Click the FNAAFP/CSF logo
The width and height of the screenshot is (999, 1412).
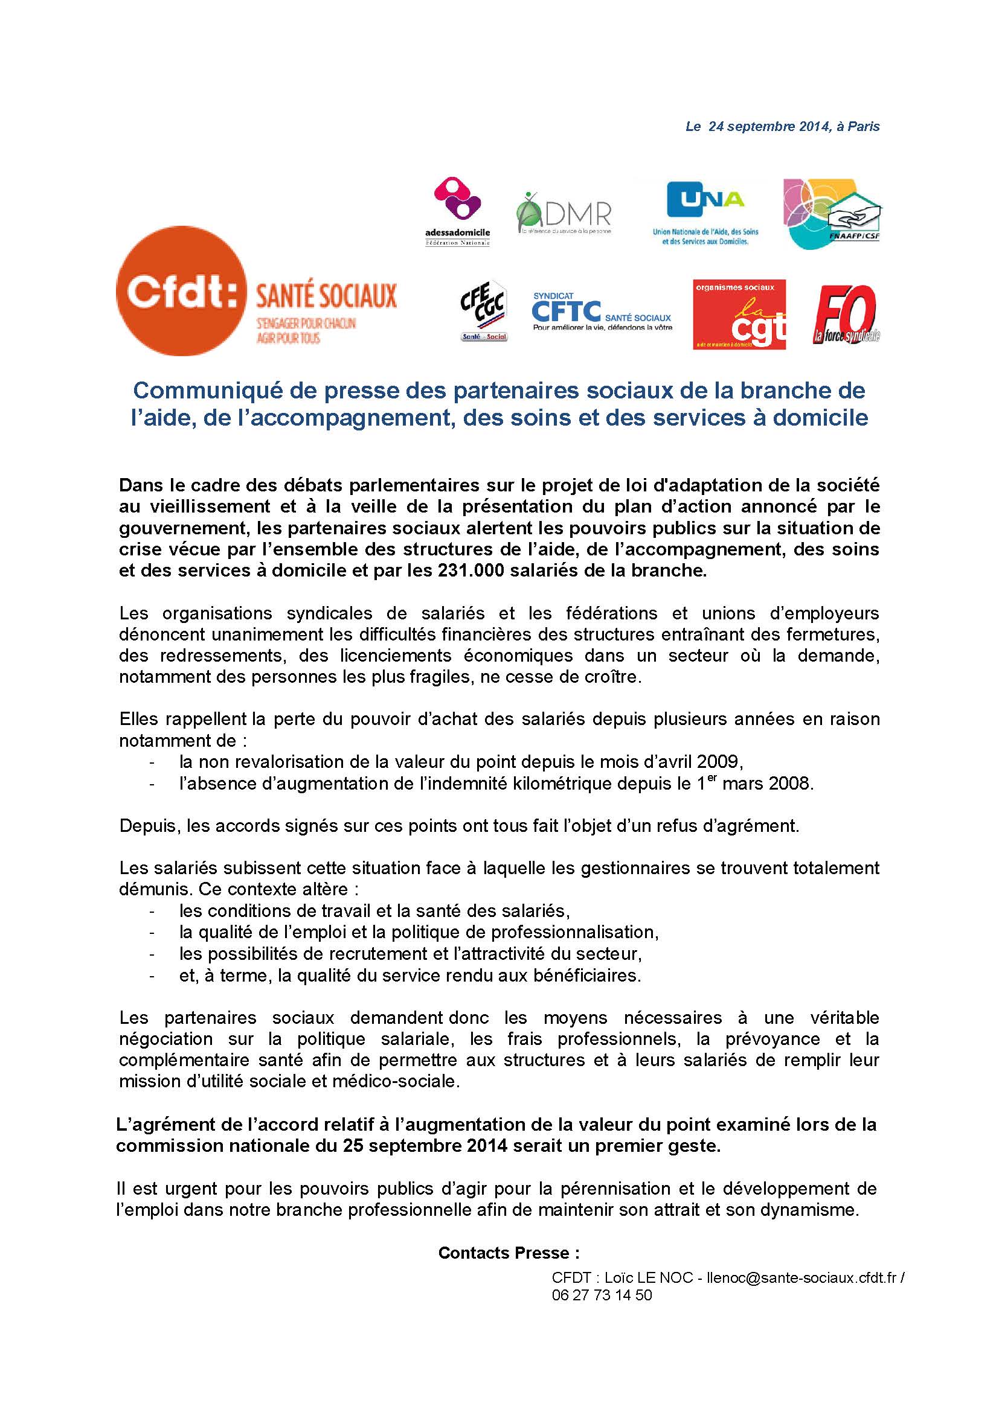point(832,212)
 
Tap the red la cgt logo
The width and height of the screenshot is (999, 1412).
point(739,315)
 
